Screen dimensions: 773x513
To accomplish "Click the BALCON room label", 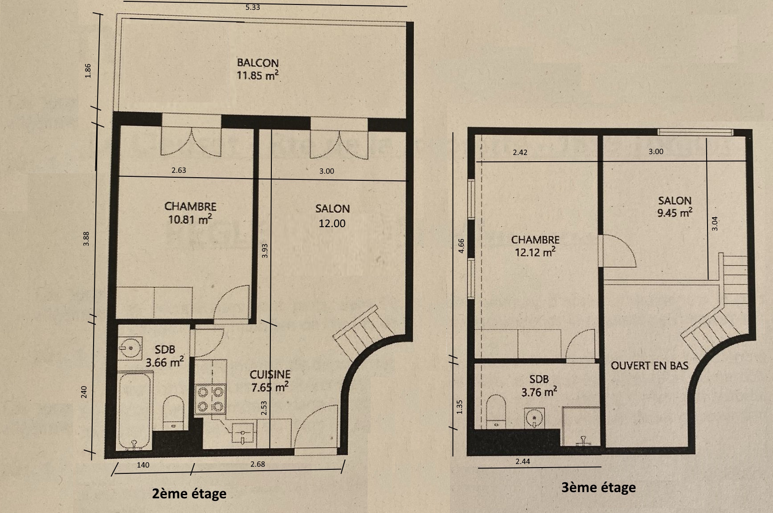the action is (258, 63).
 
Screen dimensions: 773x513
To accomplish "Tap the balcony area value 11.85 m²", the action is (258, 75).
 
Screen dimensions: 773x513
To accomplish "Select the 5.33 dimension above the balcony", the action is (252, 8).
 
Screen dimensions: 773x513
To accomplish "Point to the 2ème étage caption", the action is (189, 494).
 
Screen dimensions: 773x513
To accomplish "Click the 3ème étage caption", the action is (598, 488).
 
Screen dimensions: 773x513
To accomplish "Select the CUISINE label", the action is (270, 374).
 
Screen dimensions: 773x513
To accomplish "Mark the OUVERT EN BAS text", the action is (649, 366).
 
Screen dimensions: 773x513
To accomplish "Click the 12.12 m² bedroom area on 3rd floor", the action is (535, 252).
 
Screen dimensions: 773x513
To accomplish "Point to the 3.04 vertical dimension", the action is (715, 223).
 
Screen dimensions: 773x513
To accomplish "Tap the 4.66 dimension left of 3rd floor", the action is (462, 246).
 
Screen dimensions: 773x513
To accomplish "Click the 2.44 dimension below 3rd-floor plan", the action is (523, 462).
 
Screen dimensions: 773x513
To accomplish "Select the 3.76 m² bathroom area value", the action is (539, 392).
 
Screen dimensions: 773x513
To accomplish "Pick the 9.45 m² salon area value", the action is (675, 212).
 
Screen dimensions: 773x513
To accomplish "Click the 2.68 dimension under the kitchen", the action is (258, 464).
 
